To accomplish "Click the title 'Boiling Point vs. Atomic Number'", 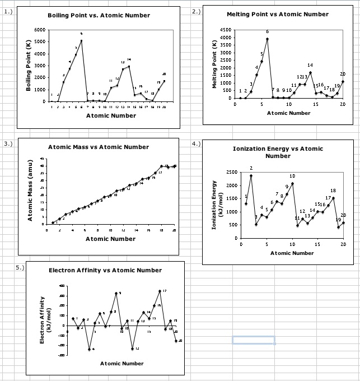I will (x=99, y=15).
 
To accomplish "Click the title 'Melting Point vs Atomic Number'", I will (x=278, y=14).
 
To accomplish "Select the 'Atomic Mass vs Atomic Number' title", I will (x=99, y=147).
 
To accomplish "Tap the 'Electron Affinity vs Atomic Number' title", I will (x=105, y=270).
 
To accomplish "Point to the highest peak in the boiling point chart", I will (x=81, y=40).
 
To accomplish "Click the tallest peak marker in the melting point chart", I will (x=267, y=39).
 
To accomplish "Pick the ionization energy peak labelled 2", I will (x=251, y=175).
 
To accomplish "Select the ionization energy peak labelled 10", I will (x=292, y=184).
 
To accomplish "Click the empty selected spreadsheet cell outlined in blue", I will (x=254, y=340).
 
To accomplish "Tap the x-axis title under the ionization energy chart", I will (x=292, y=253).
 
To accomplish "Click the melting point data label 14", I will (x=310, y=66).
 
